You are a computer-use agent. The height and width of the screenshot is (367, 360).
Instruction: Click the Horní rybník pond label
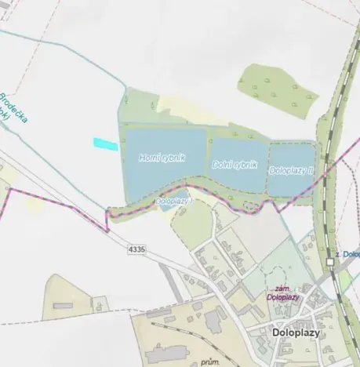coord(162,158)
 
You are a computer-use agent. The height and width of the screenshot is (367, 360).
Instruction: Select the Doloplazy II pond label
coord(291,169)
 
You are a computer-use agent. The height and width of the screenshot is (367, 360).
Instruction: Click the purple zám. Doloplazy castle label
coord(282,293)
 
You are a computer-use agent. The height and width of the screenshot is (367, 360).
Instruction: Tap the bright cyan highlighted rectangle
coord(105,144)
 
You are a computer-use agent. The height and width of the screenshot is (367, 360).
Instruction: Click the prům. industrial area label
coord(209,362)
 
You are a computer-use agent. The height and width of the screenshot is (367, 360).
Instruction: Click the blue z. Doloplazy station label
coord(346,253)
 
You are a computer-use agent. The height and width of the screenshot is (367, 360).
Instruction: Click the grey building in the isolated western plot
coord(63,304)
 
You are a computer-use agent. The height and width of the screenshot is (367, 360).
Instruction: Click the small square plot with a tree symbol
coord(100,303)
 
